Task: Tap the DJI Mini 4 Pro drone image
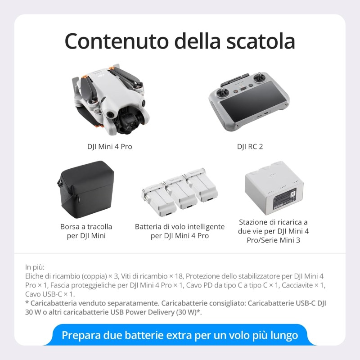click(110, 99)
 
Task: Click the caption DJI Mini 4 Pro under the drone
click(109, 147)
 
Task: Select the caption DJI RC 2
click(250, 147)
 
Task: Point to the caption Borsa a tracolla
click(86, 227)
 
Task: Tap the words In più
click(35, 267)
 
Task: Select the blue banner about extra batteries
click(180, 335)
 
